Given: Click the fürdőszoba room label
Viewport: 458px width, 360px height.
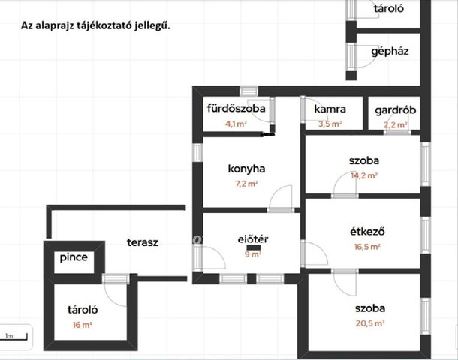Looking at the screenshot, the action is [236, 108].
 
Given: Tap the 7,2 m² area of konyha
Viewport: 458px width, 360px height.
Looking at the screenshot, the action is [246, 184].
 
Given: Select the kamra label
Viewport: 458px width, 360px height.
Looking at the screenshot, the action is [330, 109].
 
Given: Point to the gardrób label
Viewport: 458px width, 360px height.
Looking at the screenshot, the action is [395, 110].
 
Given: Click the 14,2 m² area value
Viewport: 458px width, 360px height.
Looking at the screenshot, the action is [364, 175].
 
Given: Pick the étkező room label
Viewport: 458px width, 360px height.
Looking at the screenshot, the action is [367, 232].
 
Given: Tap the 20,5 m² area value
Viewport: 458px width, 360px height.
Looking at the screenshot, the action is [370, 323].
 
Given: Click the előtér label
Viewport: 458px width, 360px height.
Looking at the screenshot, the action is [253, 239].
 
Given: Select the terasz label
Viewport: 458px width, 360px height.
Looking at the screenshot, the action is [143, 242].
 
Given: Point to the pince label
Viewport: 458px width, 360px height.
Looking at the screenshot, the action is [74, 257].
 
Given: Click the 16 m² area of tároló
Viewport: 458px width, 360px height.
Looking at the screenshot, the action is [83, 325].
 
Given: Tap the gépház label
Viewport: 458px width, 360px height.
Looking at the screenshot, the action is [390, 52].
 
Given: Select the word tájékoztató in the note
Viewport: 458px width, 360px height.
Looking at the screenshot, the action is [104, 25].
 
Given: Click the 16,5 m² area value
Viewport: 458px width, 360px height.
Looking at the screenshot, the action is [367, 247].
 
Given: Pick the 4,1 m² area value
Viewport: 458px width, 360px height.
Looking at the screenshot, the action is [236, 124].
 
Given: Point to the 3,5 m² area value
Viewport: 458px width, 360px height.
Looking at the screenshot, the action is [330, 124].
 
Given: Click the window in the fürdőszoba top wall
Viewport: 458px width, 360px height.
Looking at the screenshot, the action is [249, 91].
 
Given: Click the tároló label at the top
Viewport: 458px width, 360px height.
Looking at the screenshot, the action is [389, 8].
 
